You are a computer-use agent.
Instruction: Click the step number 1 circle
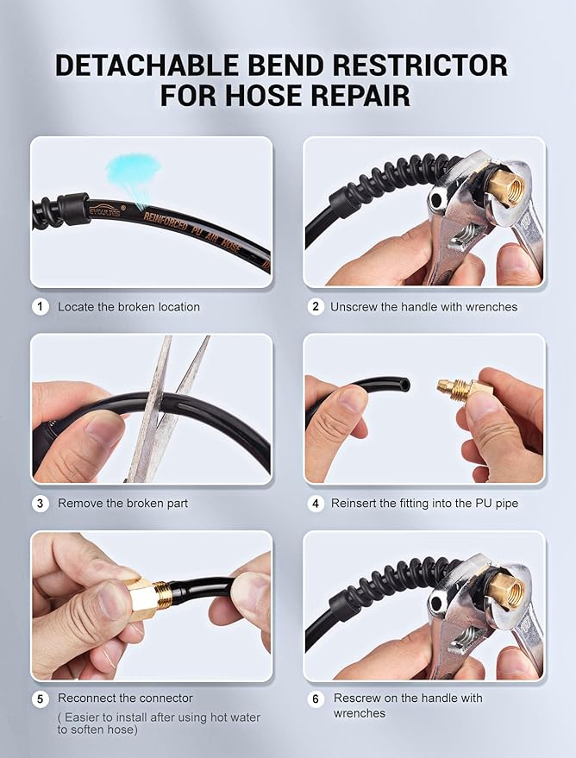41,306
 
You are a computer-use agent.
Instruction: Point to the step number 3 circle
41,503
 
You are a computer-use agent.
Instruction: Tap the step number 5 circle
41,698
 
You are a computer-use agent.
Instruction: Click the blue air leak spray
133,174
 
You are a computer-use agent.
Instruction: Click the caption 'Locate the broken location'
128,307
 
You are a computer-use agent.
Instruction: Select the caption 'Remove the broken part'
122,503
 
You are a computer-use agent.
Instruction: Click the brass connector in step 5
146,598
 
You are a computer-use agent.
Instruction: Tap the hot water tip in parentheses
159,724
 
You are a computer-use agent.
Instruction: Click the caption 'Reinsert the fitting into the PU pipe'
424,503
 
